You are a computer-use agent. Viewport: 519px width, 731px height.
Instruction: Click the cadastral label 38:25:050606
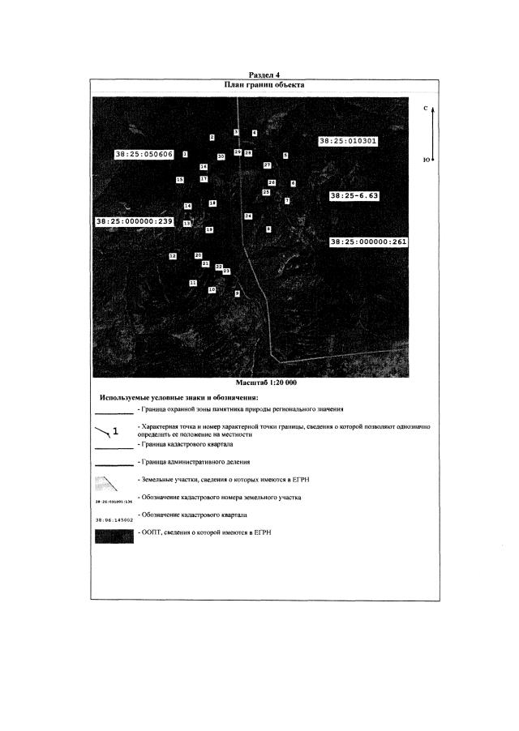pos(144,154)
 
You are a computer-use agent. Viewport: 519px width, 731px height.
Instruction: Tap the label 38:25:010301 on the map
pos(349,141)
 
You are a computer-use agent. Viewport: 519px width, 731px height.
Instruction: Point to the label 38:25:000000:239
pos(135,221)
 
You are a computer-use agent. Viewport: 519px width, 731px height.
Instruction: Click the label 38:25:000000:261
pos(369,242)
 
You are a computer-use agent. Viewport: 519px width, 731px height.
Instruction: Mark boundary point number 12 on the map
pos(173,255)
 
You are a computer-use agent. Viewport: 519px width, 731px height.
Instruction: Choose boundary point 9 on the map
pos(238,293)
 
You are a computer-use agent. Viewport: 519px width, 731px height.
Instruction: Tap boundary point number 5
pos(285,155)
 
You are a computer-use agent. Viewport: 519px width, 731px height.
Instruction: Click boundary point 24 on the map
pos(248,216)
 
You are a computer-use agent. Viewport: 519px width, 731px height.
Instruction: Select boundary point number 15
pos(180,180)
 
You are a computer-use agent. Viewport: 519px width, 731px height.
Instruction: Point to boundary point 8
pos(268,229)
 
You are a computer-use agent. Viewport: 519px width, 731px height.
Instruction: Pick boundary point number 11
pos(193,283)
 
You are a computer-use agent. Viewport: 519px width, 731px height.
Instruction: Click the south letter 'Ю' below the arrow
pos(427,159)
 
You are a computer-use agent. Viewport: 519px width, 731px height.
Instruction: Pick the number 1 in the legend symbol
pos(116,430)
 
